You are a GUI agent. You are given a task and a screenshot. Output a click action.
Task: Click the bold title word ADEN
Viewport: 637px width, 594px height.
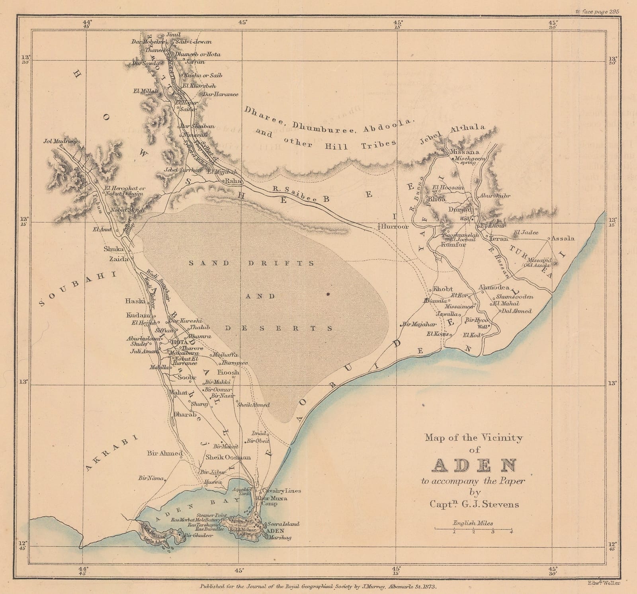point(474,465)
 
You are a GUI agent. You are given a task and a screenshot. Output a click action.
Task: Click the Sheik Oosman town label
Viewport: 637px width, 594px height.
point(228,457)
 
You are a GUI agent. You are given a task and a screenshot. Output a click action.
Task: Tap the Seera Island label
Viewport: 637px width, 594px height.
point(284,524)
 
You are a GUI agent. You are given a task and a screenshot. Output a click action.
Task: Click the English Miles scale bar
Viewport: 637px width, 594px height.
point(473,529)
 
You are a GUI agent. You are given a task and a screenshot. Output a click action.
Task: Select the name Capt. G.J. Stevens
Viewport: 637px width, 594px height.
point(474,504)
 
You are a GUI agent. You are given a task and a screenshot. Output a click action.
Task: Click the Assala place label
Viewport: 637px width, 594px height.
point(563,238)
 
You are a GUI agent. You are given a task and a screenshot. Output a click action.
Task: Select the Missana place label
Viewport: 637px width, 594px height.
point(464,152)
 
